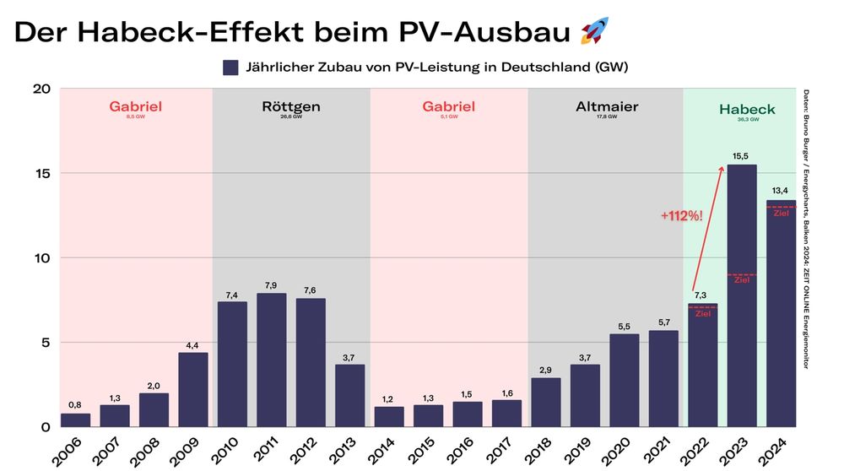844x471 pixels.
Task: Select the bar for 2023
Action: pos(741,295)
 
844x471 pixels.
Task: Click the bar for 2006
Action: pos(75,420)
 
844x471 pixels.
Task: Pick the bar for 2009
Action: pos(192,389)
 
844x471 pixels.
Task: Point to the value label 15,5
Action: pos(741,155)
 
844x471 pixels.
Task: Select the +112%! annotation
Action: pos(681,216)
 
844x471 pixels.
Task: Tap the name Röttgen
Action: pos(290,106)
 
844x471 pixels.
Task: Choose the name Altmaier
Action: pos(607,106)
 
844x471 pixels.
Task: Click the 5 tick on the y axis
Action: pos(46,343)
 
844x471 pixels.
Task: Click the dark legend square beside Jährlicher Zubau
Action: pos(230,68)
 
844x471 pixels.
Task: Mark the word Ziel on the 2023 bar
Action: pos(741,280)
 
